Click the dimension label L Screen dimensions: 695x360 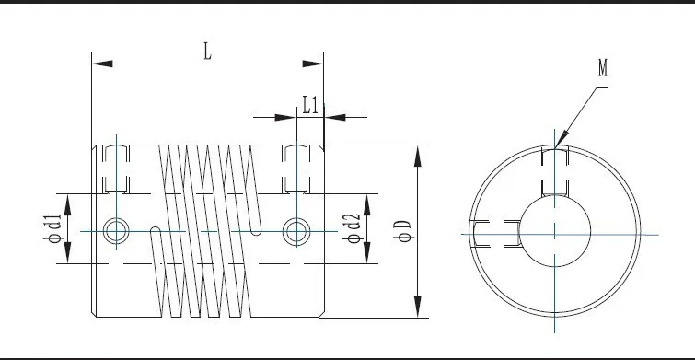pyautogui.click(x=207, y=52)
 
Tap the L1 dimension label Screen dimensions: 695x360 pyautogui.click(x=310, y=106)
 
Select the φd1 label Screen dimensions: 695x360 pyautogui.click(x=52, y=228)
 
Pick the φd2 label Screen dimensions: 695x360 pyautogui.click(x=353, y=228)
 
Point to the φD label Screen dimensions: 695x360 pyautogui.click(x=403, y=231)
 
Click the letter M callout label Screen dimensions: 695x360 pyautogui.click(x=603, y=68)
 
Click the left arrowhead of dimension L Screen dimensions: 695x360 pyautogui.click(x=102, y=64)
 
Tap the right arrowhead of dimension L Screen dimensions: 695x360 pyautogui.click(x=312, y=64)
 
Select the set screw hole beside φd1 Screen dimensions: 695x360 pyautogui.click(x=116, y=231)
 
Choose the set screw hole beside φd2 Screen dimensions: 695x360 pyautogui.click(x=296, y=231)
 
